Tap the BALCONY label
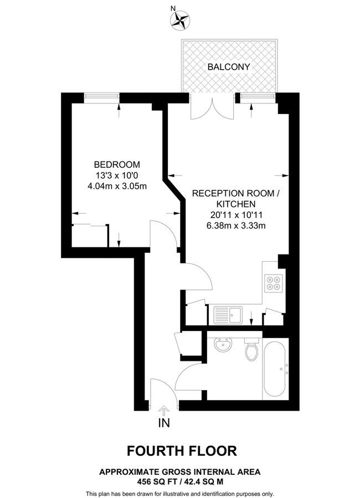coord(229,67)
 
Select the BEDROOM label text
coord(117,164)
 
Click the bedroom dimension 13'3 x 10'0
coord(117,175)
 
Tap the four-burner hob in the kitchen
coord(273,283)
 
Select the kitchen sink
coord(228,315)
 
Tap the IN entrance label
coord(164,423)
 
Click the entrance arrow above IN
coord(164,411)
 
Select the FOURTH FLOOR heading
coord(182,451)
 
